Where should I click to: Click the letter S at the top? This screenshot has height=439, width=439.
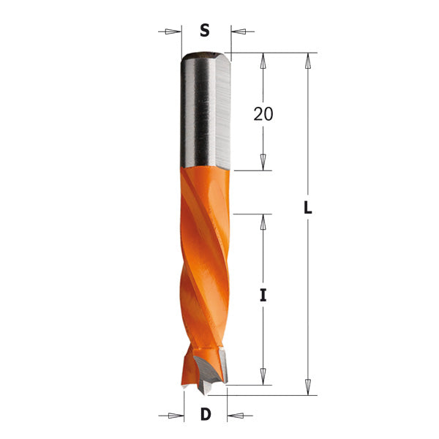(x=205, y=31)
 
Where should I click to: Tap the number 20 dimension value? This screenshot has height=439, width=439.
(x=263, y=113)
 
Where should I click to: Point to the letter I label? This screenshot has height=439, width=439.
(x=263, y=296)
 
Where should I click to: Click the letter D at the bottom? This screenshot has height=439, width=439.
(x=206, y=415)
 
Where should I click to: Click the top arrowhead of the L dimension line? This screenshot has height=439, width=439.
(x=308, y=61)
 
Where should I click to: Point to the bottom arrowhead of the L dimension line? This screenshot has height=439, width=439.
(x=308, y=386)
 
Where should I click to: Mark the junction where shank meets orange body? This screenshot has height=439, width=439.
(x=206, y=169)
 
